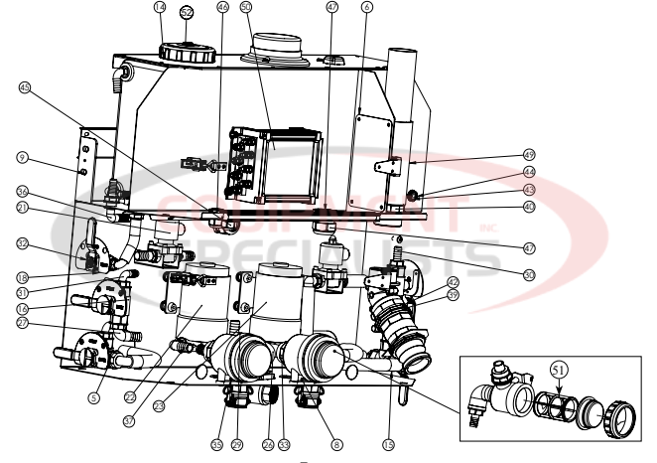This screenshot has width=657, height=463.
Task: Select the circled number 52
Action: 187,12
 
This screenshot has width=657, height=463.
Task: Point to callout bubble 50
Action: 247,7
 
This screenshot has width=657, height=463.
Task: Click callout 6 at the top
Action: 367,7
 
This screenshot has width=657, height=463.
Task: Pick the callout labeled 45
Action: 25,87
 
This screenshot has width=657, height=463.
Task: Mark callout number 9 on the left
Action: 21,157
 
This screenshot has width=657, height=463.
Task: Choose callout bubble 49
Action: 529,154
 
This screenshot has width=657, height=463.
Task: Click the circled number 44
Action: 529,172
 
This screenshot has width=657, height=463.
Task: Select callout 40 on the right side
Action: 529,207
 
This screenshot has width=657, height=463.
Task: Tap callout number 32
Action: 21,242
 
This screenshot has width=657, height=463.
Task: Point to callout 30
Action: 529,274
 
